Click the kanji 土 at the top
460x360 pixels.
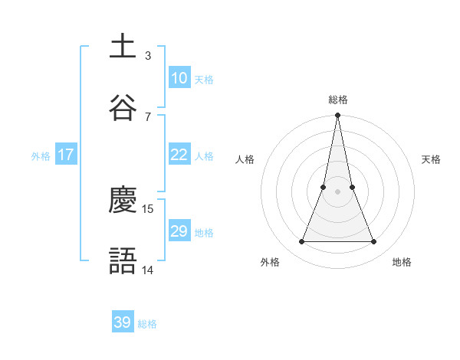pyautogui.click(x=123, y=47)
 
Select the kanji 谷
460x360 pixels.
pyautogui.click(x=123, y=108)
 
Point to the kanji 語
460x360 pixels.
pyautogui.click(x=123, y=261)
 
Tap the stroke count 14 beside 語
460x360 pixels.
pyautogui.click(x=148, y=270)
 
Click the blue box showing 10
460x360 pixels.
pyautogui.click(x=179, y=78)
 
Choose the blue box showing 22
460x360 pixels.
pyautogui.click(x=179, y=155)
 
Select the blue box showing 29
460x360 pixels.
pyautogui.click(x=179, y=231)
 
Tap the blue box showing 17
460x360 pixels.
pyautogui.click(x=66, y=155)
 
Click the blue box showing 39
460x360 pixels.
pyautogui.click(x=123, y=322)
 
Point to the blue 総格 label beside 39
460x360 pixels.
pyautogui.click(x=147, y=324)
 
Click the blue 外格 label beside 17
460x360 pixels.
pyautogui.click(x=41, y=156)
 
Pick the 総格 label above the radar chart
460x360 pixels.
pyautogui.click(x=338, y=100)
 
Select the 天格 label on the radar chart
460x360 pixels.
pyautogui.click(x=431, y=159)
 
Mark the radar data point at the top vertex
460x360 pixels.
pyautogui.click(x=337, y=116)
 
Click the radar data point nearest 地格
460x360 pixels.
pyautogui.click(x=374, y=242)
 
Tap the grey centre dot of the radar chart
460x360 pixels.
pyautogui.click(x=337, y=191)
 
